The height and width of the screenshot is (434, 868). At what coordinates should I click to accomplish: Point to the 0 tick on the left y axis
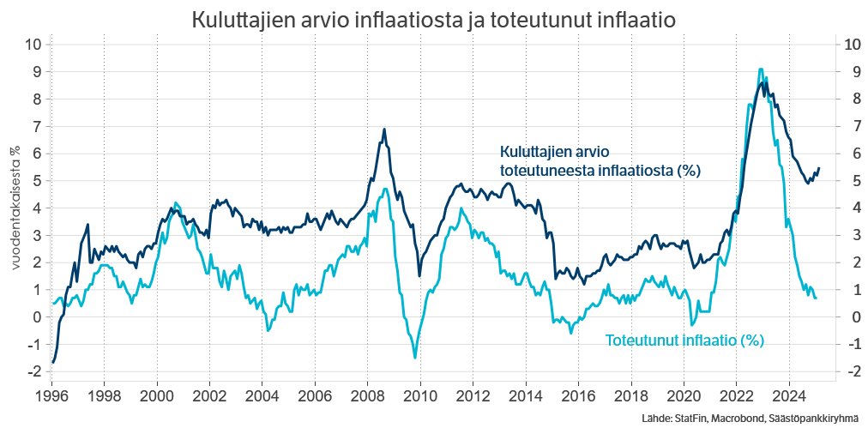[x=36, y=317]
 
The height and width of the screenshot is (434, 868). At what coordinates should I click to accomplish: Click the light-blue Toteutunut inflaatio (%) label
[x=684, y=341]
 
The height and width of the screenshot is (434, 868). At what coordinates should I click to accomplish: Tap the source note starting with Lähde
[x=749, y=419]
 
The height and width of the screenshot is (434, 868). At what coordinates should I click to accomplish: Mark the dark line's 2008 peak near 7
[x=384, y=130]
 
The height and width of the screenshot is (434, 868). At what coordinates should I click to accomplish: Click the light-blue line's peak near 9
[x=761, y=69]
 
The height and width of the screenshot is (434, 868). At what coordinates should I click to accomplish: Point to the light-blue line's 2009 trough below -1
[x=415, y=358]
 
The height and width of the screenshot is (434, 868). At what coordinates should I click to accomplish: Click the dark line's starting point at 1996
[x=52, y=362]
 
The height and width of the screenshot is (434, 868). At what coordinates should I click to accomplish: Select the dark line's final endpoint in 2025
[x=818, y=168]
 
